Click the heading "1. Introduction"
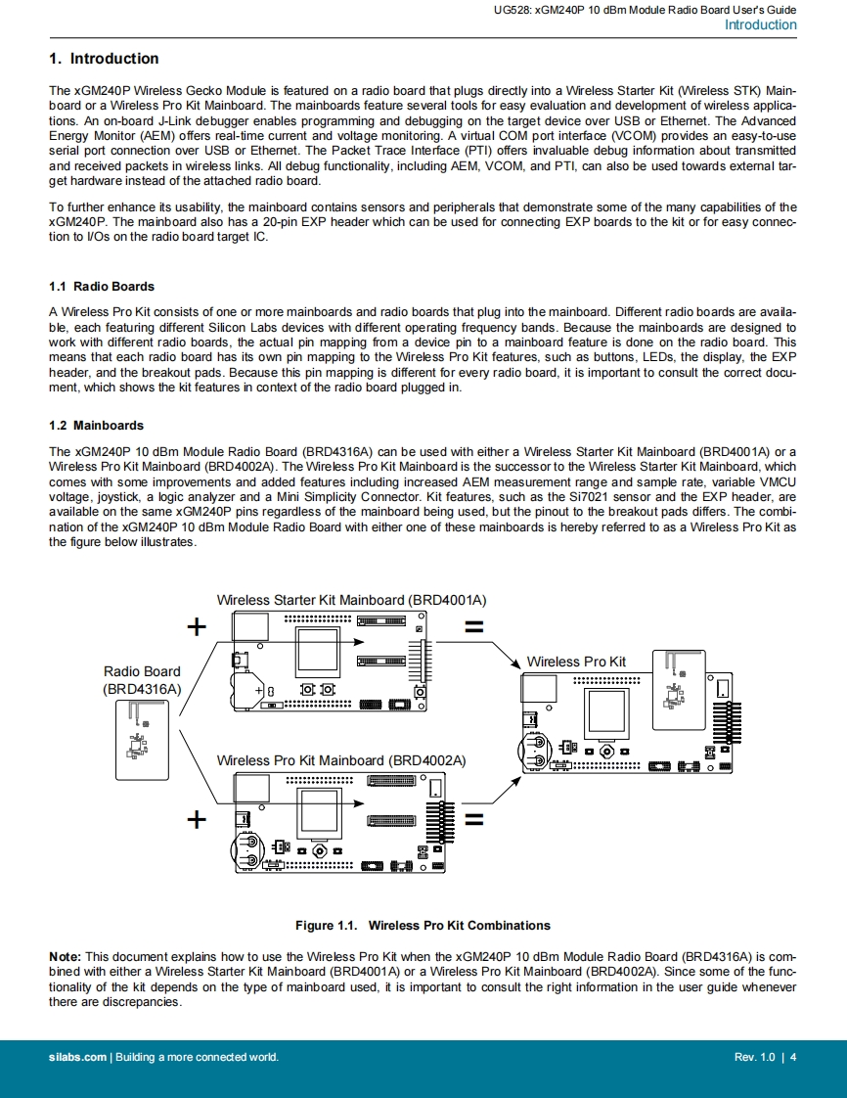coord(104,59)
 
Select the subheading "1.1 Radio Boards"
coord(102,287)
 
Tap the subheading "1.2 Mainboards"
coord(96,426)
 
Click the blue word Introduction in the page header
coord(760,25)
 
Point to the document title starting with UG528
coord(646,10)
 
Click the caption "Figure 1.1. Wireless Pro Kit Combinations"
coord(423,926)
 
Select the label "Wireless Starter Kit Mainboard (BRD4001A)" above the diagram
coord(351,600)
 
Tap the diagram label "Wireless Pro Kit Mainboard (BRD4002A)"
coord(340,760)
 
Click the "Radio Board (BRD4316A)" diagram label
coord(142,680)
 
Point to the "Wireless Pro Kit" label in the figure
coord(576,662)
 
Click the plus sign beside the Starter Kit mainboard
coord(197,626)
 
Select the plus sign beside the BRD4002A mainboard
coord(197,819)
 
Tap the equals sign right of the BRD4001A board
coord(473,627)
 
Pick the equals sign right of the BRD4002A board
coord(473,820)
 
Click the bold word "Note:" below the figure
coord(66,956)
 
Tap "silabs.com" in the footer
coord(78,1057)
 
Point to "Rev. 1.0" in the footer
coord(753,1057)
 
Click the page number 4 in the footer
coord(793,1057)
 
